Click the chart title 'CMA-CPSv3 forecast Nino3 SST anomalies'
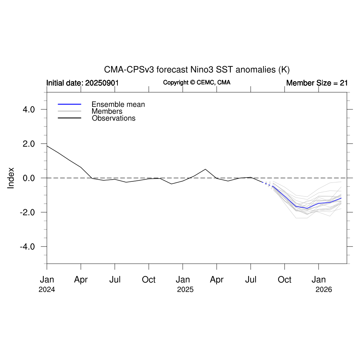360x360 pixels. click(x=197, y=70)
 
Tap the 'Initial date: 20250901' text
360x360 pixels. click(x=83, y=83)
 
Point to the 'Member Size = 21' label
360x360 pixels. click(x=317, y=83)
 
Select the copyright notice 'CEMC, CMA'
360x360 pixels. click(x=197, y=83)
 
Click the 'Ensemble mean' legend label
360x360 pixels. click(x=118, y=104)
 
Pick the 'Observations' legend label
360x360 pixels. click(x=114, y=118)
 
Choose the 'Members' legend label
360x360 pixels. click(x=107, y=111)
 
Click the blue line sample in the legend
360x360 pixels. click(x=70, y=104)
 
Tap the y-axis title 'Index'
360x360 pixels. click(x=11, y=178)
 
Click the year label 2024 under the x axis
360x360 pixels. click(x=47, y=290)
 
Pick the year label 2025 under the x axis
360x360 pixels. click(x=185, y=290)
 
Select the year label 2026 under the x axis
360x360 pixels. click(x=324, y=290)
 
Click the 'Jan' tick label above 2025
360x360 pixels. click(x=183, y=280)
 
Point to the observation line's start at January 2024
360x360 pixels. click(x=47, y=146)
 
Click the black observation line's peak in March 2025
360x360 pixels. click(x=206, y=169)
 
